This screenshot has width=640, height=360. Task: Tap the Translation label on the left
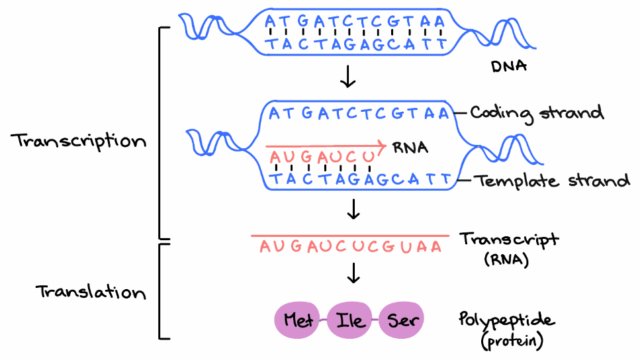pos(91,292)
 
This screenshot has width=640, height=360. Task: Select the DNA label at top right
pos(509,67)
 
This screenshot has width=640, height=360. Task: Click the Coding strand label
pos(537,113)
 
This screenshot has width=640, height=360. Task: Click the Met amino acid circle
pos(298,320)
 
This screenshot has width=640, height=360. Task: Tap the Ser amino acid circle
pos(401,320)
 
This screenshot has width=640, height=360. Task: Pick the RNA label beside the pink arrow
pos(410,147)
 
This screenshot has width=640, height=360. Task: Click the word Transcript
pos(508,240)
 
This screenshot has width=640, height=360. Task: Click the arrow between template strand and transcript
pos(354,209)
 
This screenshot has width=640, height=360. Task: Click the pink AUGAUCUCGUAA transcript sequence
pos(350,247)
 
